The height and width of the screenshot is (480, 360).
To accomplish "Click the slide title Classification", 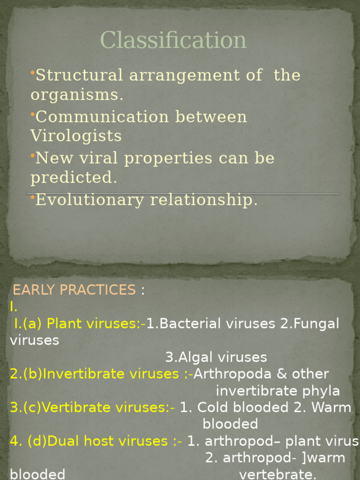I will [173, 40].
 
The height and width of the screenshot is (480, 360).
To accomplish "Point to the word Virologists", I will [76, 136].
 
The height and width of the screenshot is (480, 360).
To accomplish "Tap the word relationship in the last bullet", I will [203, 200].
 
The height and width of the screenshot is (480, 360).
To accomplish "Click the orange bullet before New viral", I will [33, 155].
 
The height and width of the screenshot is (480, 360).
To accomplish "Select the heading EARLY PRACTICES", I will [74, 290].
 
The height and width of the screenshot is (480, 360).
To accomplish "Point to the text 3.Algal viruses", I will [216, 357].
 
